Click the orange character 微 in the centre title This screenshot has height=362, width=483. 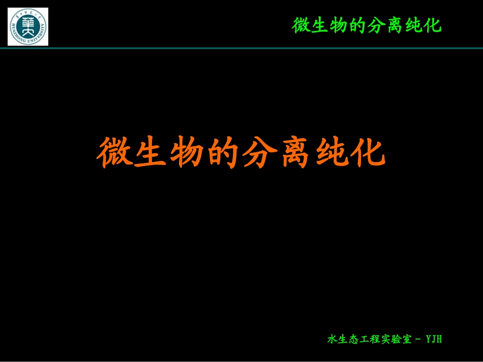point(115,152)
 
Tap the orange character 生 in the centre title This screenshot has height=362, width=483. point(151,152)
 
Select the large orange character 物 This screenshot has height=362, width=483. point(187,152)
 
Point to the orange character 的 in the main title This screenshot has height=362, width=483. point(223,152)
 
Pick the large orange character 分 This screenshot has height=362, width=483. point(259,152)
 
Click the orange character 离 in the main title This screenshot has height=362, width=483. point(295,152)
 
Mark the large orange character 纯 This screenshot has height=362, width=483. point(331,152)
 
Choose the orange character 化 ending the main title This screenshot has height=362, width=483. point(368,152)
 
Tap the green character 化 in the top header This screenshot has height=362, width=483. point(433,25)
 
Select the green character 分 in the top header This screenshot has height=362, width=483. point(376,25)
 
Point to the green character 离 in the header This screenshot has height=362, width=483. point(395,25)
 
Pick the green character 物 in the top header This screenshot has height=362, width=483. point(339,25)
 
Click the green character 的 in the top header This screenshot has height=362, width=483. point(357,25)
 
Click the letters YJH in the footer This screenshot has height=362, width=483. point(434,339)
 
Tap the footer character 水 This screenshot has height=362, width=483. point(332,339)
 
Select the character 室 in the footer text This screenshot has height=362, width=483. point(407,339)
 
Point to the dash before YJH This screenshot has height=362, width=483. point(418,339)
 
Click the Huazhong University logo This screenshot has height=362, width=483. point(28,26)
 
